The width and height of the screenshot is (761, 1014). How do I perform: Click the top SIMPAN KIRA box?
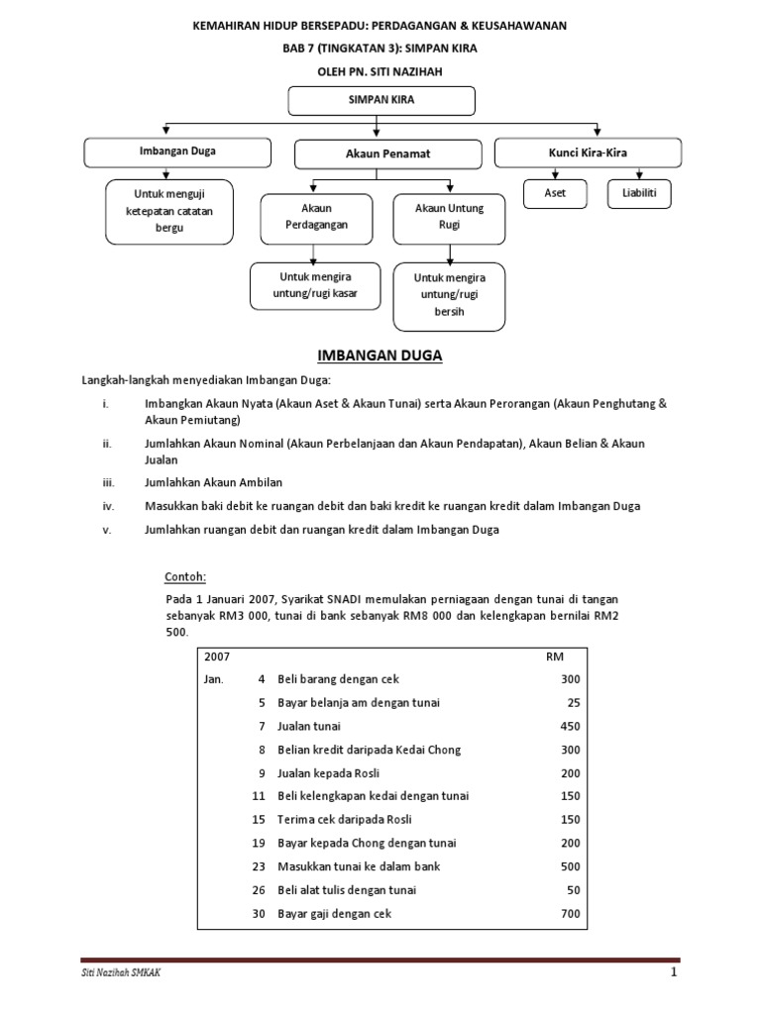[x=380, y=101]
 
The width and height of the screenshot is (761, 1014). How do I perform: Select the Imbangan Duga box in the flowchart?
[x=177, y=152]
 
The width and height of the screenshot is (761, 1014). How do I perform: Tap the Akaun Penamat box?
[x=387, y=154]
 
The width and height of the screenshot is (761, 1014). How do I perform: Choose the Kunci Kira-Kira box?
[x=588, y=152]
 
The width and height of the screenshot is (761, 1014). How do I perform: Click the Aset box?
[x=555, y=193]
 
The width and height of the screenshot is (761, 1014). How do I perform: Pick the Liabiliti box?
[x=639, y=193]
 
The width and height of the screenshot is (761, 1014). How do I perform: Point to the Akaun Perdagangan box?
[x=316, y=217]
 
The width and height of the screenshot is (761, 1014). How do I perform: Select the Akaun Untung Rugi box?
[x=449, y=217]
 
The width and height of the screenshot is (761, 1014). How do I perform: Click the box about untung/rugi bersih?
[x=449, y=295]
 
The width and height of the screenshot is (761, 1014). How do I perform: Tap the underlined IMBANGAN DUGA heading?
[x=380, y=355]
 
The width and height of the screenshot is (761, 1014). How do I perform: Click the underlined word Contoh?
[x=185, y=577]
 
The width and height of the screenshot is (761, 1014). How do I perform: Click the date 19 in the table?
[x=259, y=844]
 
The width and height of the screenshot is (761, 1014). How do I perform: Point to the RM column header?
[x=555, y=657]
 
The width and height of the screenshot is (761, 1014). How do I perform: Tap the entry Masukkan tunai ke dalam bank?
[x=358, y=866]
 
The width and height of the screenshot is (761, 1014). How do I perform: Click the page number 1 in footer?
[x=673, y=972]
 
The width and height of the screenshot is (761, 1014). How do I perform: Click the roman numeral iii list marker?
[x=108, y=482]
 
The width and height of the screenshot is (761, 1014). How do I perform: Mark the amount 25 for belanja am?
[x=574, y=702]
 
